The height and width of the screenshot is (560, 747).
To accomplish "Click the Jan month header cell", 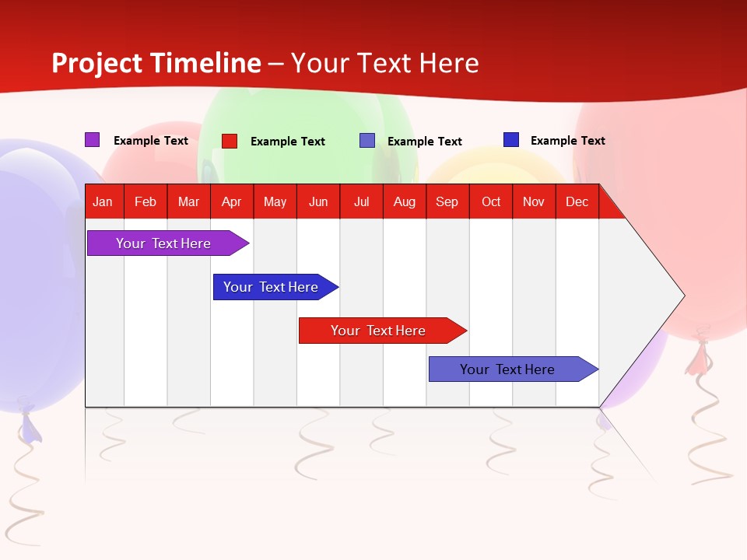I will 103,201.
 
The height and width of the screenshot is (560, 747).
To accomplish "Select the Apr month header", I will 232,201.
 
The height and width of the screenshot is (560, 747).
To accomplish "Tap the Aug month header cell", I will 404,201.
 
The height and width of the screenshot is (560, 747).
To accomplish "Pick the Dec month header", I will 577,201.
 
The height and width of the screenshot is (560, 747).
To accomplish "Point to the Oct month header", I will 491,201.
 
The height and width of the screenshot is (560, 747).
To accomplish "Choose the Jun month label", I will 318,201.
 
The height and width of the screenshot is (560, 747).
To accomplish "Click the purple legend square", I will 92,140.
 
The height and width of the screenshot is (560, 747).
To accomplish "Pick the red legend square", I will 230,141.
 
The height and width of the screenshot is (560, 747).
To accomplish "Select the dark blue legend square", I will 511,140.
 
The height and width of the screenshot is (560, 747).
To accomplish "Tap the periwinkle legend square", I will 367,141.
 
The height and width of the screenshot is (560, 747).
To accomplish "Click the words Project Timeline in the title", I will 156,63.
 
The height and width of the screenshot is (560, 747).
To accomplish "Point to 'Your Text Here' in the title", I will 385,63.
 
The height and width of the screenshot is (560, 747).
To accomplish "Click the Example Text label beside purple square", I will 151,141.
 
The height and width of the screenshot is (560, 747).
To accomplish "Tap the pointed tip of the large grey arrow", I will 682,296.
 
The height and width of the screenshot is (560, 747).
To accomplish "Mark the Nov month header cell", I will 534,201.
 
